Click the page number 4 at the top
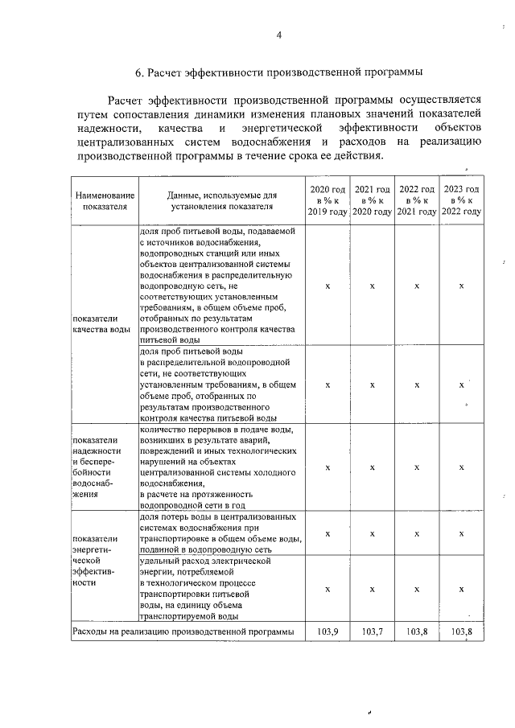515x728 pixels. [279, 35]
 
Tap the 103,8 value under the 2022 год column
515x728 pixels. [417, 631]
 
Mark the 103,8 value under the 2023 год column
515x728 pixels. [461, 631]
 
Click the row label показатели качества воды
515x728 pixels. [101, 323]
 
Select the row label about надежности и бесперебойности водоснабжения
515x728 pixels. [97, 467]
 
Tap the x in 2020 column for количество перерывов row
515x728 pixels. [328, 467]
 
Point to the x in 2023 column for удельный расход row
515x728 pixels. [461, 589]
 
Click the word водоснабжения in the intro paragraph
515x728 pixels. [252, 142]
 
